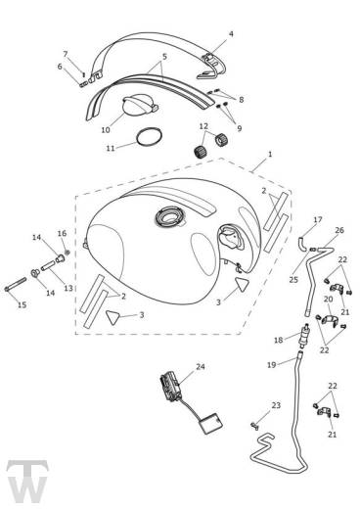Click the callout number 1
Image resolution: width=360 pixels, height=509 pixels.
click(x=270, y=154)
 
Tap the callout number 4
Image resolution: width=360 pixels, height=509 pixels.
click(x=231, y=34)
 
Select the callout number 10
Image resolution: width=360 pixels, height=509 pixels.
click(x=106, y=130)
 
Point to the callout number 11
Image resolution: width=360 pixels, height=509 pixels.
click(x=111, y=148)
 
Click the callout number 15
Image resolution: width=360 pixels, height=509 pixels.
click(x=22, y=305)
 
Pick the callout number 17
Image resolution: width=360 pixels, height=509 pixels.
click(x=318, y=219)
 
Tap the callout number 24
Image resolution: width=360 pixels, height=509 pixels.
click(x=201, y=367)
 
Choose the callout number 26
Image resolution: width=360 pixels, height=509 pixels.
click(x=339, y=230)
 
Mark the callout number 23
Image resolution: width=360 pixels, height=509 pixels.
click(x=276, y=405)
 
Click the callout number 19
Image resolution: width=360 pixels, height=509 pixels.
click(x=271, y=365)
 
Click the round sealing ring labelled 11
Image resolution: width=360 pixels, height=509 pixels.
click(x=149, y=137)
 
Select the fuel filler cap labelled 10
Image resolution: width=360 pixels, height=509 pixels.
click(x=139, y=105)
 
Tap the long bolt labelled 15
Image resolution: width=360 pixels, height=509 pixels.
click(x=15, y=284)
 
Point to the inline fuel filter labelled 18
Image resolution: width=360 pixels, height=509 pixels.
click(x=303, y=336)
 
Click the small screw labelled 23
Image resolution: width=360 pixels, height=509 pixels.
click(x=254, y=426)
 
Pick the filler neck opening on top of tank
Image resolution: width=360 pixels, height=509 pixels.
click(x=169, y=217)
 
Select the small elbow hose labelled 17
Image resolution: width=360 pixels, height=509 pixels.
click(x=302, y=244)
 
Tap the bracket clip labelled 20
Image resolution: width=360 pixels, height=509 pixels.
click(x=330, y=320)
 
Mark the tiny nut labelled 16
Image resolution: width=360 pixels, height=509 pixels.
click(x=67, y=252)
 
